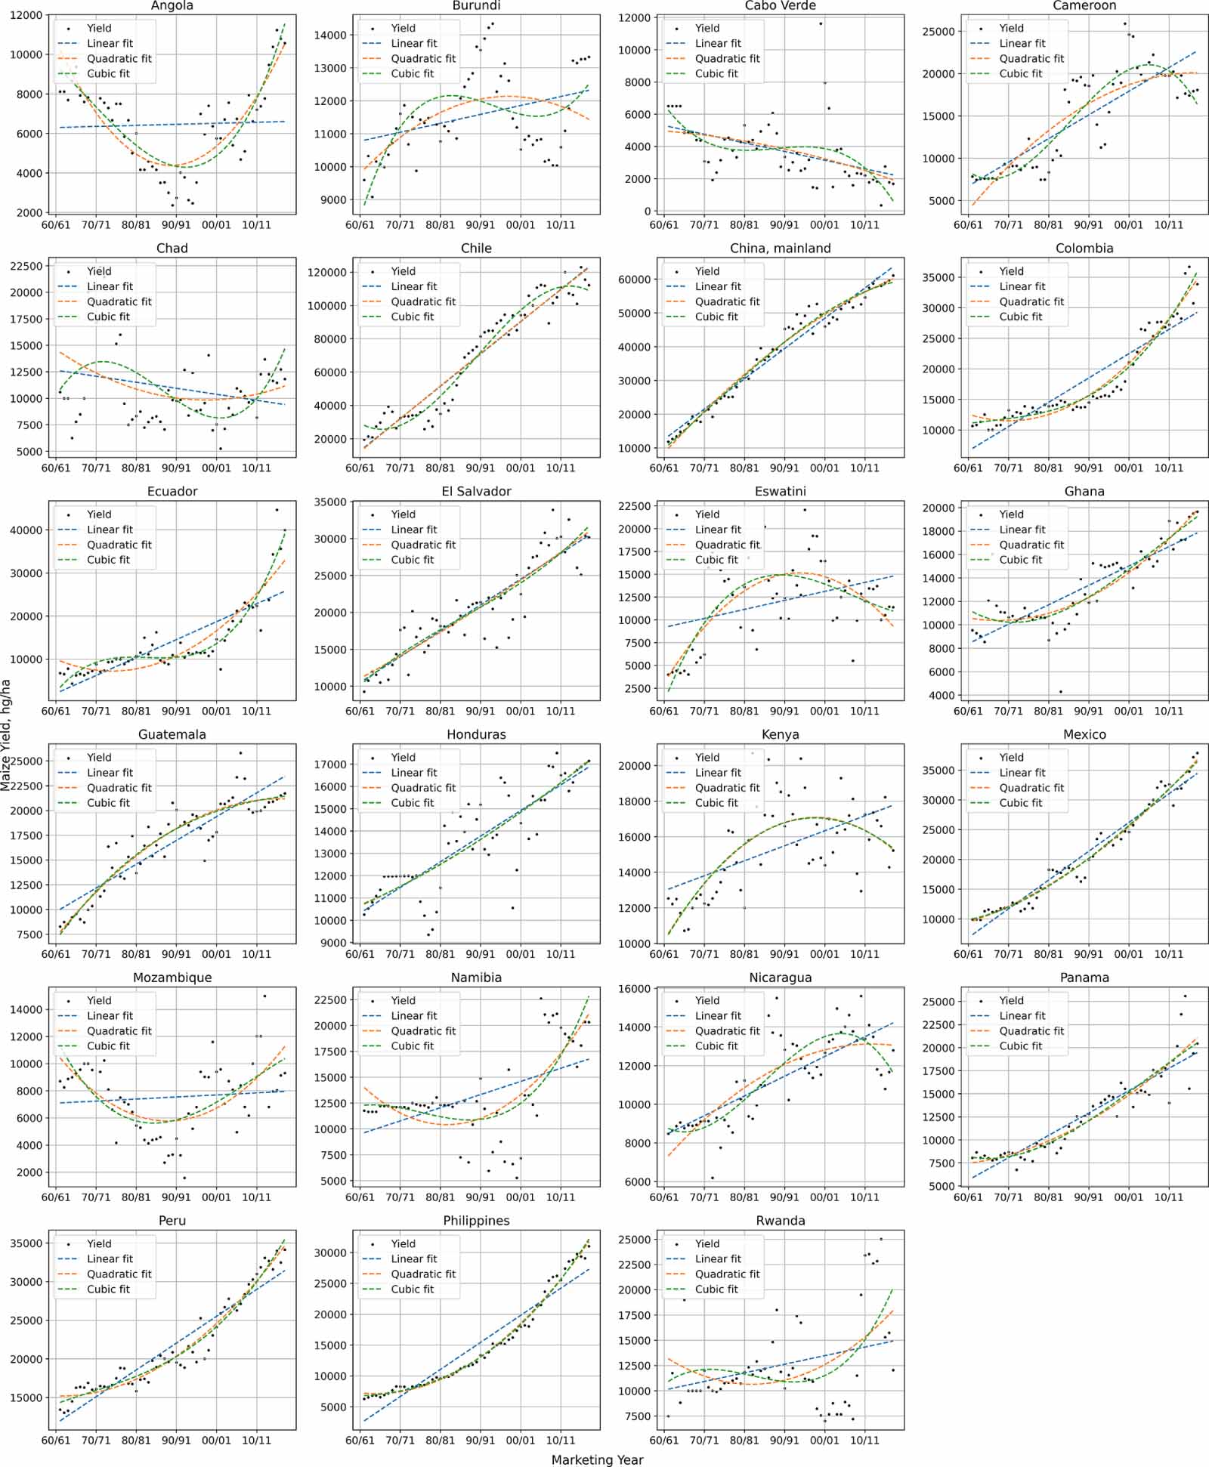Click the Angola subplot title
click(172, 6)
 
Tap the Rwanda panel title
click(781, 1221)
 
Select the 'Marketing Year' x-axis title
click(597, 1459)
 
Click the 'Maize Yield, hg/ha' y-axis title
click(6, 735)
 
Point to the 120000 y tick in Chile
click(329, 272)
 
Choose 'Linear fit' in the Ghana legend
click(1022, 530)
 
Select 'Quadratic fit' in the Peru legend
click(119, 1274)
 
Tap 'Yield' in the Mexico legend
click(1011, 757)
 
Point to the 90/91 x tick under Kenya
click(784, 954)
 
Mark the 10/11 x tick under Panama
click(1168, 1197)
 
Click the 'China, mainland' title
click(781, 249)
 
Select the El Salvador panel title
click(476, 492)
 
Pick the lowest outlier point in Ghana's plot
click(1060, 691)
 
